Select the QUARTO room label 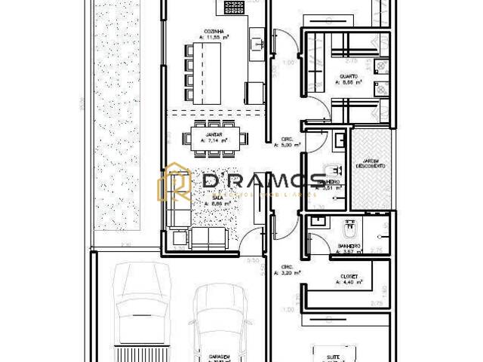(x=349, y=76)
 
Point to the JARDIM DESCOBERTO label (x=370, y=162)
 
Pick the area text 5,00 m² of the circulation (x=291, y=146)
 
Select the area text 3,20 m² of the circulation (x=291, y=273)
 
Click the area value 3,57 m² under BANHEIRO (x=349, y=252)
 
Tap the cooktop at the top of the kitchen (x=235, y=8)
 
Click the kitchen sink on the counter (x=257, y=43)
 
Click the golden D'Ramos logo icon (x=174, y=182)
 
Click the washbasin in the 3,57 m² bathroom (x=318, y=221)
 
